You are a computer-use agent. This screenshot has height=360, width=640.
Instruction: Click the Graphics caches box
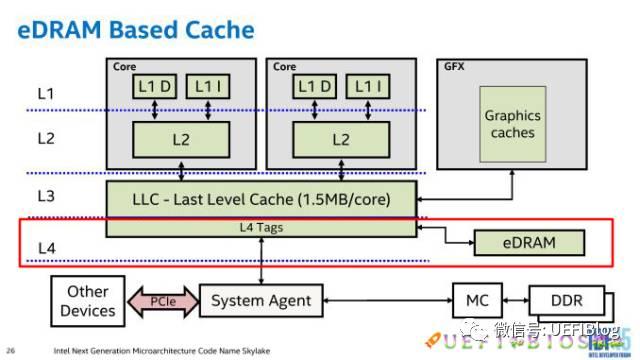click(x=512, y=124)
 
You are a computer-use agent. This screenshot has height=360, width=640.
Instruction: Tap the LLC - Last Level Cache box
click(x=263, y=198)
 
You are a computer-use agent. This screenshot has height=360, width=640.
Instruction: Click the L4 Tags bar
click(x=263, y=227)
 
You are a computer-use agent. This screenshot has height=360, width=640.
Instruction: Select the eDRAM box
click(x=528, y=242)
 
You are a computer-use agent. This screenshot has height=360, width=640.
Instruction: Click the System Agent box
click(x=262, y=299)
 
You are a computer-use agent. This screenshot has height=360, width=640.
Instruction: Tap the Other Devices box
click(x=88, y=301)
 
